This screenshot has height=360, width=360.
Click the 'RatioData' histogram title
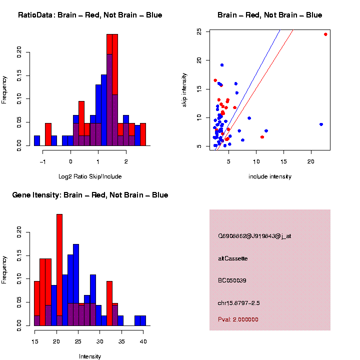click(x=90, y=15)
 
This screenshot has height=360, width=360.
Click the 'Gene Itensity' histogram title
click(x=90, y=195)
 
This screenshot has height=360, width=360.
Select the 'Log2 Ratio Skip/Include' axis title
click(x=90, y=176)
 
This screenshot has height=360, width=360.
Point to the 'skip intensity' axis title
click(x=184, y=89)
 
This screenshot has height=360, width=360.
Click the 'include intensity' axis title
click(x=270, y=176)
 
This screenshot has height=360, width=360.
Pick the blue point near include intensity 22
click(x=321, y=124)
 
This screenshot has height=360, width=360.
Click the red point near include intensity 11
click(x=262, y=137)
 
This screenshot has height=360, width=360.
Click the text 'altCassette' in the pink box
click(x=233, y=258)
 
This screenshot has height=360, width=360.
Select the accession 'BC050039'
click(x=232, y=280)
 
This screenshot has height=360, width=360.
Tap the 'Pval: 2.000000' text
click(x=238, y=319)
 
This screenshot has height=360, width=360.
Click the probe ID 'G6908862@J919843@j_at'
click(x=254, y=236)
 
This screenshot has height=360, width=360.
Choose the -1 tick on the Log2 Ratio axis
click(x=43, y=161)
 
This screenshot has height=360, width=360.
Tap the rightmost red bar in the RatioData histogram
click(x=143, y=134)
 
